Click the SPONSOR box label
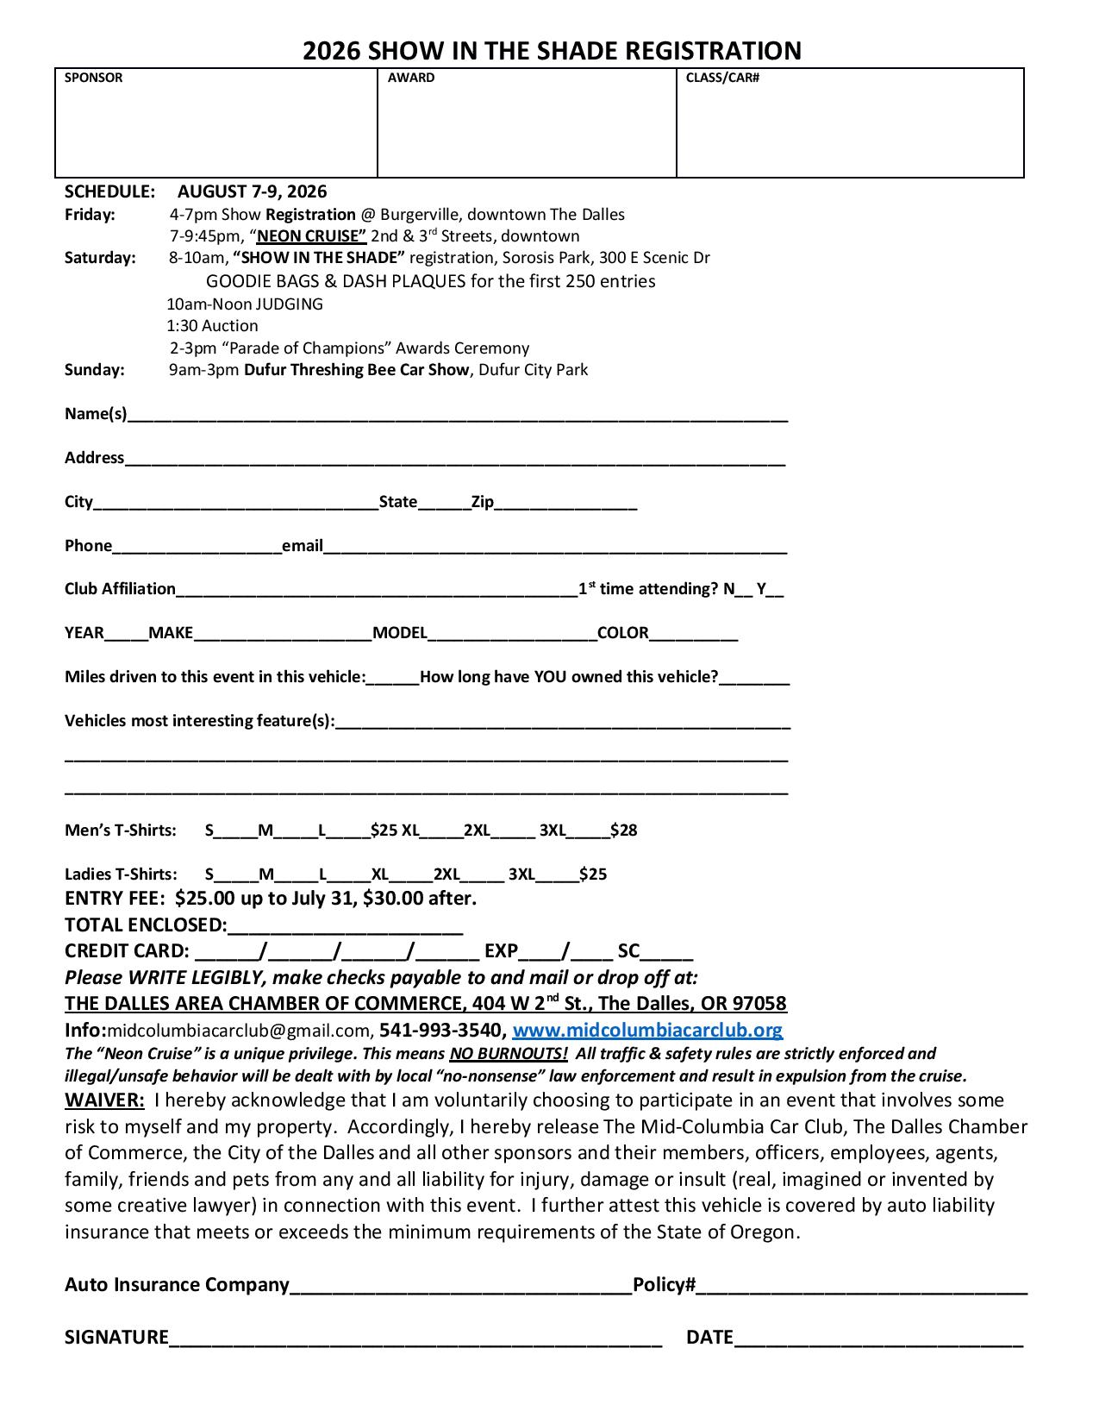pos(93,78)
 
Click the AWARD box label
pos(411,78)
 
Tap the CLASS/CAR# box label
pos(722,78)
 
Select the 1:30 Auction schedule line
pos(212,326)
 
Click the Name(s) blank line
pos(457,416)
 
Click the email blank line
pos(555,548)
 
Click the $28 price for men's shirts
pos(623,831)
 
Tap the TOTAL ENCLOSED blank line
pos(345,928)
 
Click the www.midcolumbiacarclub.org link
pos(647,1030)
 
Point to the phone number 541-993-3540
pos(440,1030)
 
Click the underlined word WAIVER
pos(104,1100)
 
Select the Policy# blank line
pos(862,1288)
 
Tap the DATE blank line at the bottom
pos(877,1340)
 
